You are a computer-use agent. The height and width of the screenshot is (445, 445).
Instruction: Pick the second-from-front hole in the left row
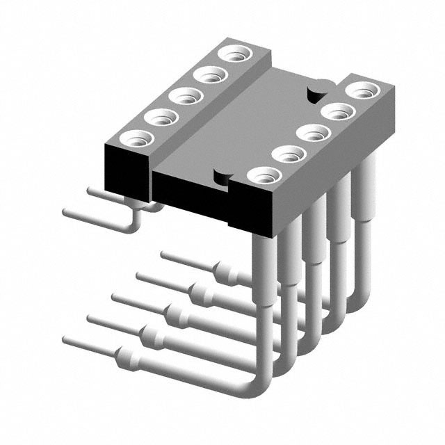click(x=159, y=117)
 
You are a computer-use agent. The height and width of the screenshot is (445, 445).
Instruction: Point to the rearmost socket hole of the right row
click(x=362, y=90)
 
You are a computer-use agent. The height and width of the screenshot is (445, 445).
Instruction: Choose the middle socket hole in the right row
click(x=312, y=133)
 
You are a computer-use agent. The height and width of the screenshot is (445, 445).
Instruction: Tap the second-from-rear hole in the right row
click(x=337, y=111)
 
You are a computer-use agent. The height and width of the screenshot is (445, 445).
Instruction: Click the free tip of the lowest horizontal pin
click(x=66, y=341)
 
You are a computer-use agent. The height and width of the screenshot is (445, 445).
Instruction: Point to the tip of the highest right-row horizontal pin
click(x=164, y=254)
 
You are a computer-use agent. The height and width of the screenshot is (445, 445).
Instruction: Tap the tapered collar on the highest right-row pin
click(x=224, y=270)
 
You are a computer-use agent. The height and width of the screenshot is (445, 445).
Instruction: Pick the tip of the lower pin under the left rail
click(x=65, y=211)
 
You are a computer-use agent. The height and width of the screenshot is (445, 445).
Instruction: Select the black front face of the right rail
click(x=254, y=209)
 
